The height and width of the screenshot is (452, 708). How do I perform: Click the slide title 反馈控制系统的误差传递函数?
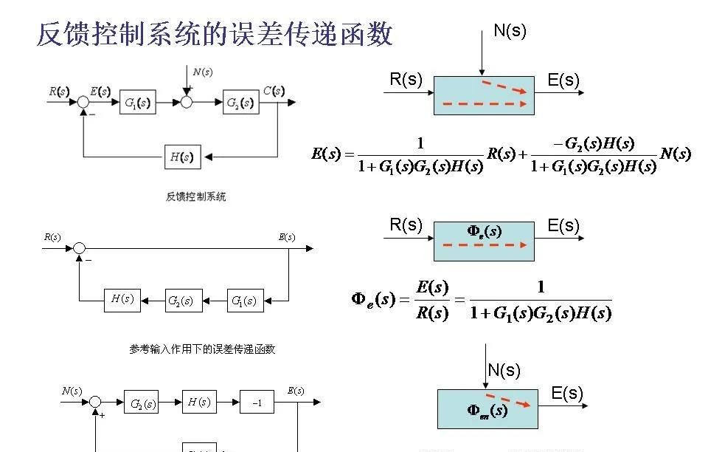pyautogui.click(x=215, y=35)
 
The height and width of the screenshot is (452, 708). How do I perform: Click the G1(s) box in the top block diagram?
pyautogui.click(x=139, y=103)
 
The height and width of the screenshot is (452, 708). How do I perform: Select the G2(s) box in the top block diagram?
pyautogui.click(x=241, y=102)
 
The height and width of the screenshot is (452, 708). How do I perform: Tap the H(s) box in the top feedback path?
pyautogui.click(x=182, y=157)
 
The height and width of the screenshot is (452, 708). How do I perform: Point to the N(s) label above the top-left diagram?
pyautogui.click(x=202, y=72)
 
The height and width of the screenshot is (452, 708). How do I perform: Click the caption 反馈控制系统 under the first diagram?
pyautogui.click(x=195, y=196)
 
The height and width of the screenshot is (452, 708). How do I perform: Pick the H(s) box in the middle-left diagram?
pyautogui.click(x=122, y=299)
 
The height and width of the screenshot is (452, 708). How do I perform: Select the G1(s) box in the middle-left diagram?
pyautogui.click(x=244, y=301)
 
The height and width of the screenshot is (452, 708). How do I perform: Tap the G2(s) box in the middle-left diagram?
pyautogui.click(x=181, y=301)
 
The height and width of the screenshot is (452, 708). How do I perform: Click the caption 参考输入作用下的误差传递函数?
pyautogui.click(x=202, y=349)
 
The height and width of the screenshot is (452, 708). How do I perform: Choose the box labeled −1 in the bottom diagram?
pyautogui.click(x=257, y=403)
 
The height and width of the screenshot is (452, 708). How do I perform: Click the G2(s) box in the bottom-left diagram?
pyautogui.click(x=141, y=403)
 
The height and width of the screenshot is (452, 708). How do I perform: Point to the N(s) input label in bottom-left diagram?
pyautogui.click(x=72, y=391)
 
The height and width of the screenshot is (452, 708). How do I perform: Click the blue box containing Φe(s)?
pyautogui.click(x=485, y=241)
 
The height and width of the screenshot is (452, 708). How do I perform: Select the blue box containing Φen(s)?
pyautogui.click(x=487, y=408)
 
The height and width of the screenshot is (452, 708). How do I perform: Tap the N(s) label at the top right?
pyautogui.click(x=510, y=31)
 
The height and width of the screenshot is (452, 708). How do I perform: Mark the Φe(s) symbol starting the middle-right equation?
pyautogui.click(x=373, y=300)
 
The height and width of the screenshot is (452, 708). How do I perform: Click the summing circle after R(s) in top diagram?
pyautogui.click(x=83, y=103)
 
